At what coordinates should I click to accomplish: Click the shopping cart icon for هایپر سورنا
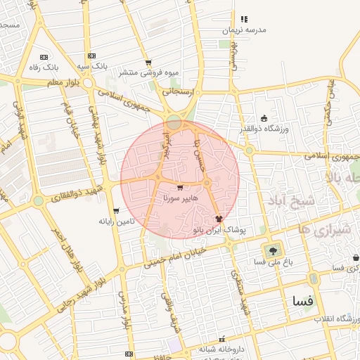(180, 188)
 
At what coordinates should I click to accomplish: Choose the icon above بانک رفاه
(44, 57)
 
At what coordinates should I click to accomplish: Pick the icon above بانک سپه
(91, 56)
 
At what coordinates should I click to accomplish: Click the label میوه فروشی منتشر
(148, 72)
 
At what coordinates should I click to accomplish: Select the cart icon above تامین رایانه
(116, 211)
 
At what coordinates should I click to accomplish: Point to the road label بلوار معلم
(51, 82)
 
